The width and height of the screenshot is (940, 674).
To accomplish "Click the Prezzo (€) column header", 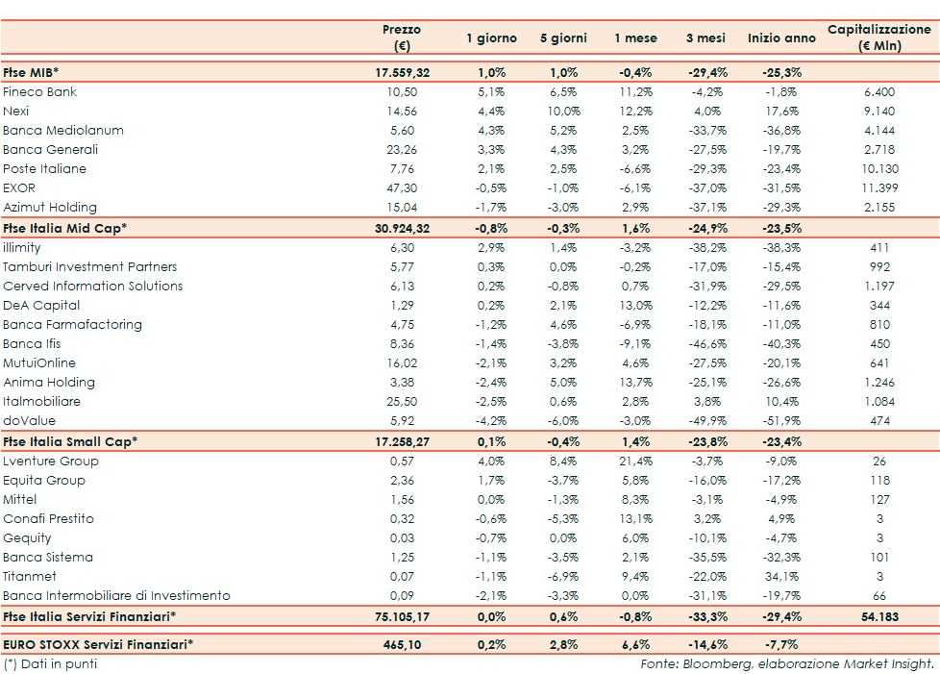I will (402, 37).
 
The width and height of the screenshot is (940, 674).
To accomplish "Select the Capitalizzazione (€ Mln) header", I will (878, 37).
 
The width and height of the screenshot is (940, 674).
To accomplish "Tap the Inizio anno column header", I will (775, 38).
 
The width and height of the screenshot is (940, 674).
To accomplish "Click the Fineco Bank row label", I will (39, 92).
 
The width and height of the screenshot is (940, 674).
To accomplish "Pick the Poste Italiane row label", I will (44, 169).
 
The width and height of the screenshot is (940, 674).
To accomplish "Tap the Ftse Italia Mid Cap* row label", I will (64, 228).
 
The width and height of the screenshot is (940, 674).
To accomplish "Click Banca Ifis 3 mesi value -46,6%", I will (706, 344).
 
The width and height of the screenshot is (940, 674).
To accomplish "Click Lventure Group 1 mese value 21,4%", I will (634, 462).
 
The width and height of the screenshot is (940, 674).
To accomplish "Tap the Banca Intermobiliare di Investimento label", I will (116, 596).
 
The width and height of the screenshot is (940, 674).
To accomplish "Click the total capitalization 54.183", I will (878, 616).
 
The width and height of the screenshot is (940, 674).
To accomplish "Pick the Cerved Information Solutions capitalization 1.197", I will (878, 287).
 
